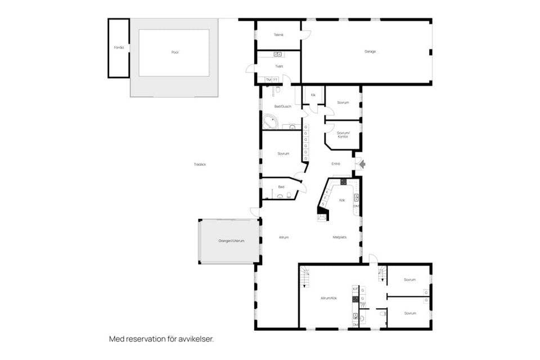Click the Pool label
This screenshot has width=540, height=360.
(x=175, y=52)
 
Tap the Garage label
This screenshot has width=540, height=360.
(x=370, y=51)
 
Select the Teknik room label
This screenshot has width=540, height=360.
(x=278, y=35)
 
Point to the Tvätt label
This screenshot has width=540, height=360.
(x=279, y=66)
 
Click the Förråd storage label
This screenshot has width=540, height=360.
(x=118, y=47)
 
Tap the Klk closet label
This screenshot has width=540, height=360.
(x=313, y=95)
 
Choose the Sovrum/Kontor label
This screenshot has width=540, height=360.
(x=343, y=134)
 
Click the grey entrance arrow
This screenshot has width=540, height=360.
(x=362, y=164)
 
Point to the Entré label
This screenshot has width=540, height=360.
(x=336, y=164)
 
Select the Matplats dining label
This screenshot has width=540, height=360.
(x=339, y=237)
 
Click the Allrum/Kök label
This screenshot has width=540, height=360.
(x=328, y=298)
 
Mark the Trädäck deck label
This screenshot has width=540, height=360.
(x=200, y=164)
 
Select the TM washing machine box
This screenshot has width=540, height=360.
(x=268, y=80)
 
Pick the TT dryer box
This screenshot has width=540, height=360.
(x=275, y=80)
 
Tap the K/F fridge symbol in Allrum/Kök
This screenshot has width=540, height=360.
(x=355, y=289)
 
